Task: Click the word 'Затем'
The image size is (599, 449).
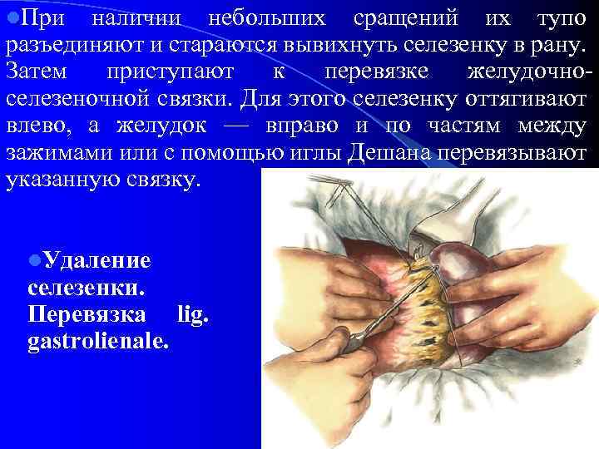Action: [x=41, y=72]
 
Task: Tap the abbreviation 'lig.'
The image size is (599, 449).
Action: [x=195, y=314]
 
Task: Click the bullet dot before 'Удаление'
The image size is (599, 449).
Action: [x=33, y=261]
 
